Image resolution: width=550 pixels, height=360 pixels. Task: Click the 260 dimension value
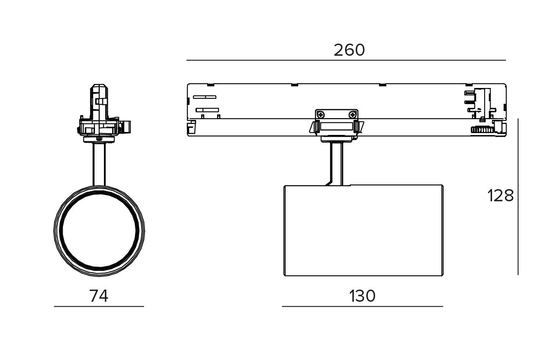coord(349,50)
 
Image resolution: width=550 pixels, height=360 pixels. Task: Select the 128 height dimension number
coord(500,196)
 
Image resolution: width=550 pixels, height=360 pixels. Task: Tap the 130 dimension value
coord(362,296)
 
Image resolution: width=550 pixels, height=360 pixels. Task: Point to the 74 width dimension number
coord(99,296)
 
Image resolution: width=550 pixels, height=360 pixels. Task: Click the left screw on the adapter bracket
coord(321,114)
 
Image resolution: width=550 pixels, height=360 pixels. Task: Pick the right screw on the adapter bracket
coord(352,114)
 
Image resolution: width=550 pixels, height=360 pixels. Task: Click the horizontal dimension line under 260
coord(346,60)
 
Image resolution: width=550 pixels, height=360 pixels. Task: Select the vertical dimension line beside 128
coord(518,197)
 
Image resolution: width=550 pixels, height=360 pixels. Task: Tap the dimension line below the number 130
coord(362,306)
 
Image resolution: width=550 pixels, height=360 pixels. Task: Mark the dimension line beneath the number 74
coord(99,306)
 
